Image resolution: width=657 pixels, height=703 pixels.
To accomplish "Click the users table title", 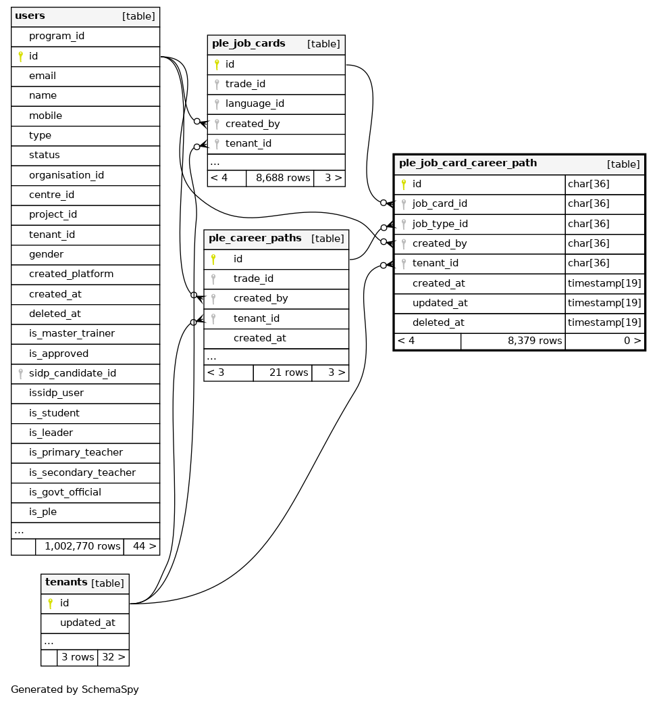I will (x=30, y=16).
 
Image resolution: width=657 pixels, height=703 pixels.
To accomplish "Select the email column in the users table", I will (x=42, y=76).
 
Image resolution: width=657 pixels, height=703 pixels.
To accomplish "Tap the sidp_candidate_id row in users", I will (x=72, y=373).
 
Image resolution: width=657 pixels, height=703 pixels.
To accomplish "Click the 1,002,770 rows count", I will (x=82, y=546).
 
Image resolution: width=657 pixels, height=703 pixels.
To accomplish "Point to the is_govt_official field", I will (x=65, y=492).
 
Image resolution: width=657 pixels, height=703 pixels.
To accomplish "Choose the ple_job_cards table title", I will (x=248, y=44).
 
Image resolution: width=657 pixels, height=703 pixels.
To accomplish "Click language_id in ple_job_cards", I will (x=255, y=103).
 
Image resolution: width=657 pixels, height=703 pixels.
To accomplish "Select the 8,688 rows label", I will (x=283, y=178).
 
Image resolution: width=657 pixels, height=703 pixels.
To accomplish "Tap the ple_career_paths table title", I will (x=255, y=239).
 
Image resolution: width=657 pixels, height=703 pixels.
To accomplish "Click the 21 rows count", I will (x=288, y=372).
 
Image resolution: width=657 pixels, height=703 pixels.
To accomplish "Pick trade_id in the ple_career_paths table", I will (x=253, y=278).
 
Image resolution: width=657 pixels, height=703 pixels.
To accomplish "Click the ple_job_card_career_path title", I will (x=468, y=163).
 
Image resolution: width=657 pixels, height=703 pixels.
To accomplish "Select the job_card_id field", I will (x=440, y=203).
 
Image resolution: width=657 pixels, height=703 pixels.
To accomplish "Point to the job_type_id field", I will (x=440, y=224).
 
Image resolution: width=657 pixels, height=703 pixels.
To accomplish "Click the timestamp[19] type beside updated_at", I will (x=604, y=303).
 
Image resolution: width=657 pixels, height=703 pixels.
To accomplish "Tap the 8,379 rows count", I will (x=535, y=341).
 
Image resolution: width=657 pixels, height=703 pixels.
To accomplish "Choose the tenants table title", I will (x=66, y=583).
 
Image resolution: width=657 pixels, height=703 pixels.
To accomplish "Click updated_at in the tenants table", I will (x=87, y=623).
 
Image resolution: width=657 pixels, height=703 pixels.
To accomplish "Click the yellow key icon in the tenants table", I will (x=49, y=603).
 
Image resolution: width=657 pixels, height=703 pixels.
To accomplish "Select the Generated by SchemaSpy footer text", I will (x=75, y=689).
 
